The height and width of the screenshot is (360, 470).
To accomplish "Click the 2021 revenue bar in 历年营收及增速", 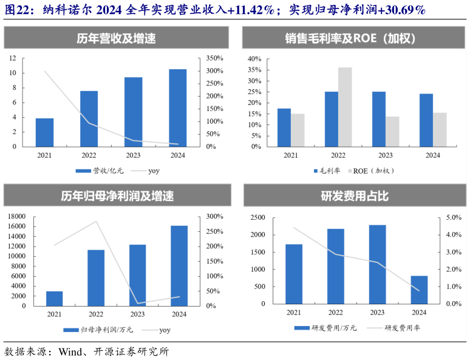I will point(44,132).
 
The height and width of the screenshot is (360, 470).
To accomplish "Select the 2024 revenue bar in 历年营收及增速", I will point(177,107).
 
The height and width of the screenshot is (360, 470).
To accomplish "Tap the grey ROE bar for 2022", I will point(345,107).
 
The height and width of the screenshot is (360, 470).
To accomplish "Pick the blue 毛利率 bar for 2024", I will point(426,120).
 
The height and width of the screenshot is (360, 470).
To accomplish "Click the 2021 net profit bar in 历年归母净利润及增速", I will point(54,299).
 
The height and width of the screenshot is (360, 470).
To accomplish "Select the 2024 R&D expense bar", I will point(419,290).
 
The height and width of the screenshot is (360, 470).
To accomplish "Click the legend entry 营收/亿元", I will point(101,171).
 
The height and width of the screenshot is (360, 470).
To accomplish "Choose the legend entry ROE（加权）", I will point(373,171).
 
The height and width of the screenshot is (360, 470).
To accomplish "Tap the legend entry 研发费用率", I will point(401,328).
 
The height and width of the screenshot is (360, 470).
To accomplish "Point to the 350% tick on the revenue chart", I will point(214,58).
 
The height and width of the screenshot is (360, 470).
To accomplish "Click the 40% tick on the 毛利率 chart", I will point(254,59).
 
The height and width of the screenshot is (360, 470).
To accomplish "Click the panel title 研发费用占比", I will point(355,196).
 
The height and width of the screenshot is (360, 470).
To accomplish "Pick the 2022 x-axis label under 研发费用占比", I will point(335,312).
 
